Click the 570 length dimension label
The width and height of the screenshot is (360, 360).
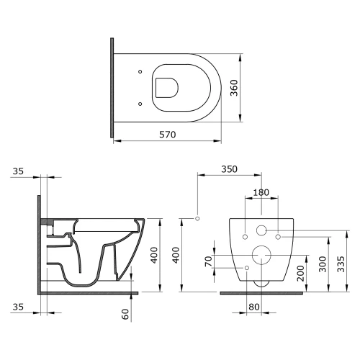(168, 135)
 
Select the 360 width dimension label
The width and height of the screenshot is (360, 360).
(234, 88)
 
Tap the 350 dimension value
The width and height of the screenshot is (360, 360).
(229, 169)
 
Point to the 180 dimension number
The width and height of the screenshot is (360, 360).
(261, 192)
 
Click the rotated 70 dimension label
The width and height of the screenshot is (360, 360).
(209, 261)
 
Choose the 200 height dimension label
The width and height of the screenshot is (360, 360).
(300, 274)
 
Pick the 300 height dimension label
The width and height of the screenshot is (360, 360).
(323, 264)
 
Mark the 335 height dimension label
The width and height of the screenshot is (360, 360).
(341, 264)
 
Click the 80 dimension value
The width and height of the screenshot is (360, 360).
(254, 307)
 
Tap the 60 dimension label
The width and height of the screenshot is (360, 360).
(125, 314)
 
